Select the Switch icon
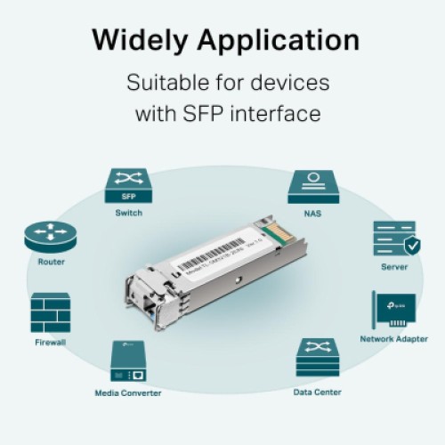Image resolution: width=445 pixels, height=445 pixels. click(x=128, y=184)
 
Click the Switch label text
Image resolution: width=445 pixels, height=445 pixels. click(x=128, y=213)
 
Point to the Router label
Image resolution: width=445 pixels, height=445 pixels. click(x=51, y=263)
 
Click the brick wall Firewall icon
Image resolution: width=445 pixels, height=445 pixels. click(x=51, y=312)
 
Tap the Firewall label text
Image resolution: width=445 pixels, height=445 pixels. click(x=51, y=342)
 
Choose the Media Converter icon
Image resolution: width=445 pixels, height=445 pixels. click(x=128, y=360)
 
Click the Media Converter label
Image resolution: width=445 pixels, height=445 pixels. click(x=128, y=392)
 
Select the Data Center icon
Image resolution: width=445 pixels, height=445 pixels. click(x=317, y=358)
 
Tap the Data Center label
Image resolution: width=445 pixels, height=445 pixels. click(x=317, y=392)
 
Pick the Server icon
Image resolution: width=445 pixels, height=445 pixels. click(x=394, y=239)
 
